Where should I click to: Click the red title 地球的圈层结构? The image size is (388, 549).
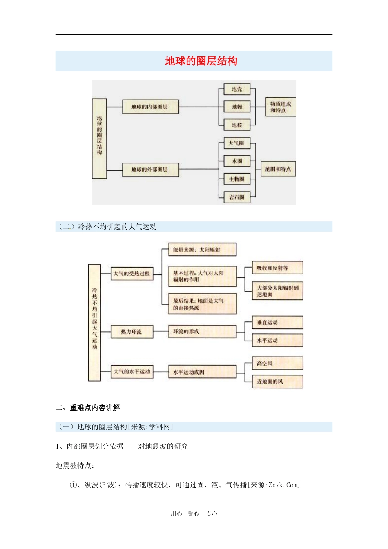201,61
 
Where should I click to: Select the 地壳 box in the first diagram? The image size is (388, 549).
237,89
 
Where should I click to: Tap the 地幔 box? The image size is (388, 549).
237,107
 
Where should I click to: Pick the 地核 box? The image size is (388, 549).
237,125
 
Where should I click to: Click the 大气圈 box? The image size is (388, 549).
237,143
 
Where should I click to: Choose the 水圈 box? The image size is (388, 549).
237,161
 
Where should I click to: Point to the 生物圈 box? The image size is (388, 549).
237,179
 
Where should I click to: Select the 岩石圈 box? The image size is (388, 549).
237,197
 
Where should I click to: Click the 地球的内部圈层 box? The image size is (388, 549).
150,107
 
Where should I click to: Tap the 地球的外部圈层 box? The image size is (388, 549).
150,170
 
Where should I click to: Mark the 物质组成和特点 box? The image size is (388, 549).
280,107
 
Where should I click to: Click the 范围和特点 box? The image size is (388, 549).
278,169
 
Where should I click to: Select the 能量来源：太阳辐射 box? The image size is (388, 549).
202,250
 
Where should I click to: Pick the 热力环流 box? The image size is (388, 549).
132,332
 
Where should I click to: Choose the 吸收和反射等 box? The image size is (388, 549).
277,268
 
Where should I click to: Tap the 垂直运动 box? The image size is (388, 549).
277,323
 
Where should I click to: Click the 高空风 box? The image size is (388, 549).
277,363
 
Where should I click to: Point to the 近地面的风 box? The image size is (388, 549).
277,382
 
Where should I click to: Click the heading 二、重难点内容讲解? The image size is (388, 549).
88,408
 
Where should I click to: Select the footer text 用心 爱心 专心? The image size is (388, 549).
194,514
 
